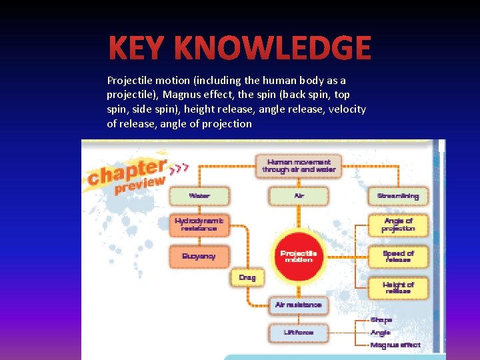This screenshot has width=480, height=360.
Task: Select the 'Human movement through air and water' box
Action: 298,165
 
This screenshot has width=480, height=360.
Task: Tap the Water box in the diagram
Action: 199,196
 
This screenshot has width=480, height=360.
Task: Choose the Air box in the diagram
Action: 299,196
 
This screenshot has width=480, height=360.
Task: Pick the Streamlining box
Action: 398,196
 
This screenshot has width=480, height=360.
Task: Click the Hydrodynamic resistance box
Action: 199,225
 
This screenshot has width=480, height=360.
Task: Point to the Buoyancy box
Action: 199,256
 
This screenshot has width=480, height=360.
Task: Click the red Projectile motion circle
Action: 299,256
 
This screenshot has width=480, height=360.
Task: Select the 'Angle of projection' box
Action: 398,225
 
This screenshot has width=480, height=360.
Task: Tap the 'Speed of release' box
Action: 398,256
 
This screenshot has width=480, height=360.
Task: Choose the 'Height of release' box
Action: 398,287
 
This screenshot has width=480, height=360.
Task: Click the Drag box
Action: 247,277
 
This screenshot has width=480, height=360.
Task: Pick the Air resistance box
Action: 299,305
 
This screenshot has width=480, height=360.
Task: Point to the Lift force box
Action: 299,332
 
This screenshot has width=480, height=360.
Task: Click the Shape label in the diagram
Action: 381,320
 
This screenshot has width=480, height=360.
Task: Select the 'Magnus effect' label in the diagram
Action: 395,345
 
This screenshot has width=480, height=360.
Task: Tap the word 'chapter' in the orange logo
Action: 127,171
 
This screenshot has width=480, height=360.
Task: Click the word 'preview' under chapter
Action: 139,185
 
